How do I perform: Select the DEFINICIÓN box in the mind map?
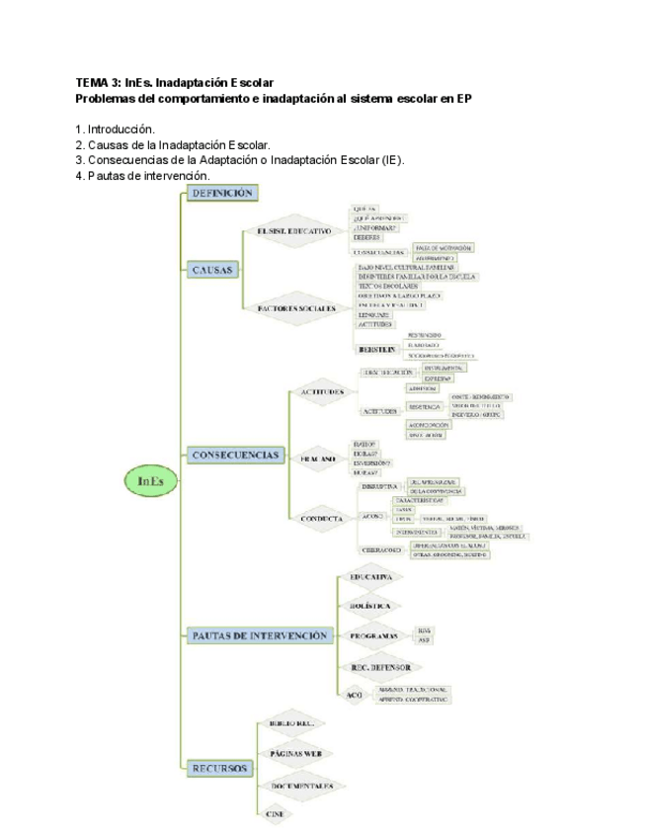click(x=222, y=193)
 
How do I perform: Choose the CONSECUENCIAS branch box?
click(x=236, y=456)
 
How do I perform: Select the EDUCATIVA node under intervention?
click(x=370, y=576)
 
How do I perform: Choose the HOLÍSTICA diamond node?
click(x=370, y=604)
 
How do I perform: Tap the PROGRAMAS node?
click(x=373, y=635)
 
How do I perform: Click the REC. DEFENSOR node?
click(x=378, y=668)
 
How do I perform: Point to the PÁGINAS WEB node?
click(x=295, y=753)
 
